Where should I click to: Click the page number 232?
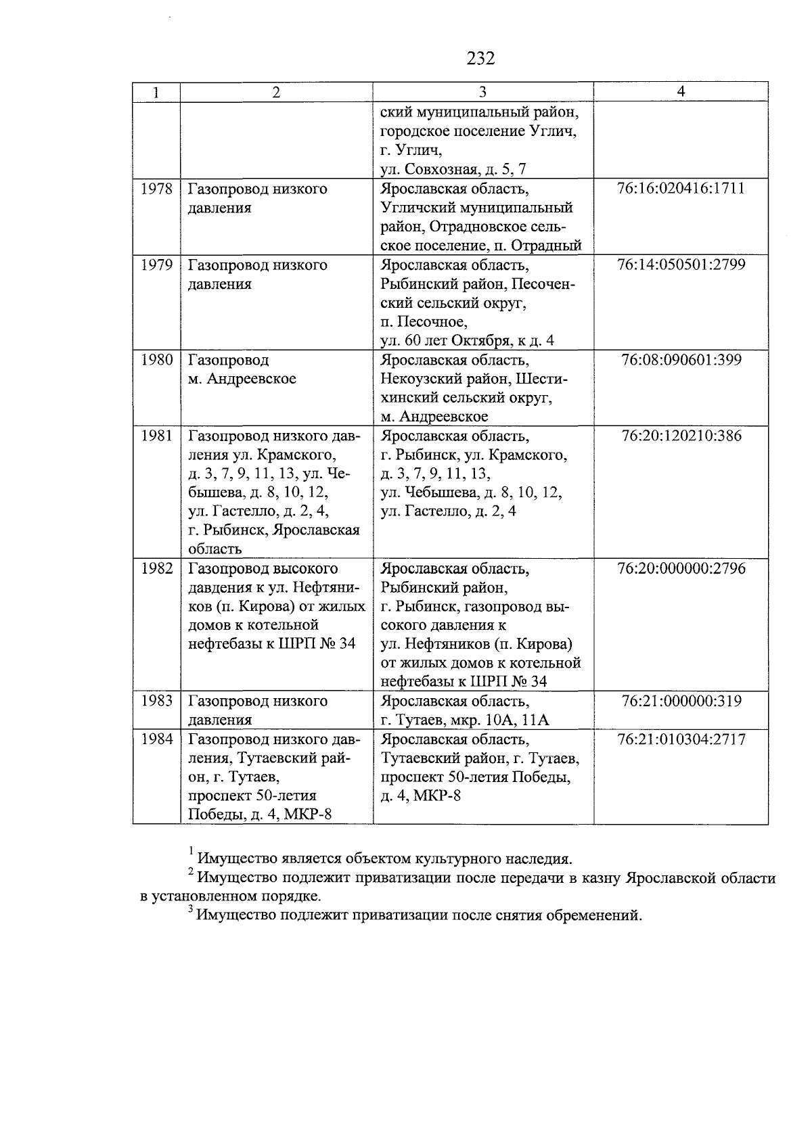[480, 59]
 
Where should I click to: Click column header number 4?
[681, 92]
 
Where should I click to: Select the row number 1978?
[156, 189]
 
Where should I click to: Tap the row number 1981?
[156, 436]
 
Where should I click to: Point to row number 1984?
[156, 739]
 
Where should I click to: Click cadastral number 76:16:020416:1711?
[681, 189]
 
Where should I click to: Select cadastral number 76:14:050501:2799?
[681, 265]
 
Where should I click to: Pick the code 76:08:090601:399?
[681, 360]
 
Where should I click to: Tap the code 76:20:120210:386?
[681, 436]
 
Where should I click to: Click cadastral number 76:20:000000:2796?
[681, 568]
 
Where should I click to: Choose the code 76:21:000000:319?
[681, 701]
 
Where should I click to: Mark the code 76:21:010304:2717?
[681, 739]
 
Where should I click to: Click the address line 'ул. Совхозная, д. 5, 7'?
[453, 169]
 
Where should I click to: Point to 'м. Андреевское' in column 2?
[242, 379]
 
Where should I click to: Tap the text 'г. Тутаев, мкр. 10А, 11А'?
[465, 720]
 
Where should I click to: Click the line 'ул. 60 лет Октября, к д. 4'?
[467, 340]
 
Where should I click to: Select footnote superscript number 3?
[191, 911]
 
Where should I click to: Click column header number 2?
[275, 92]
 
